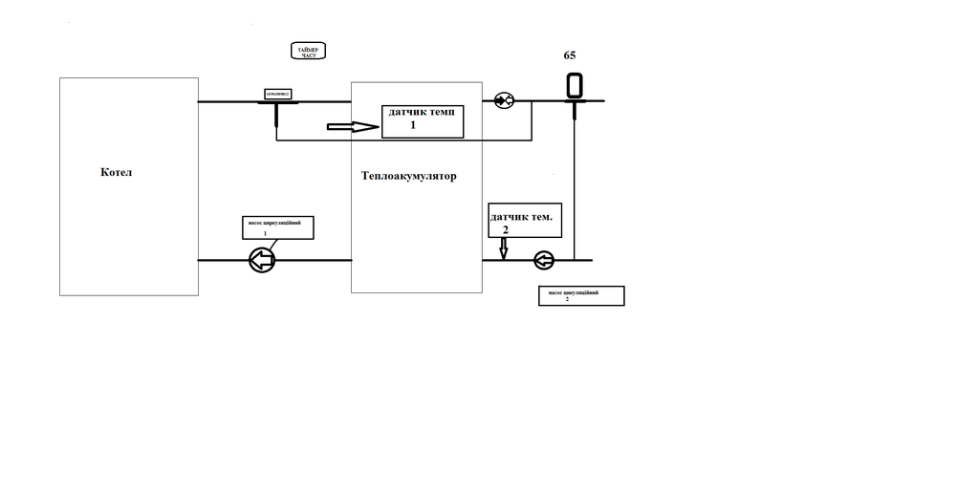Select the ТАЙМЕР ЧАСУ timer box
click(309, 53)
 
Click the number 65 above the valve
click(570, 55)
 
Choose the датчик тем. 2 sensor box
click(520, 220)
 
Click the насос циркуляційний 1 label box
click(277, 227)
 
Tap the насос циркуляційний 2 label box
click(580, 295)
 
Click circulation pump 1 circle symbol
click(261, 259)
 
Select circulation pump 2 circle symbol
click(544, 259)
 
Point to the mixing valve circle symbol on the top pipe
click(504, 100)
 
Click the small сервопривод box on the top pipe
click(278, 94)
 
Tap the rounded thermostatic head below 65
click(575, 86)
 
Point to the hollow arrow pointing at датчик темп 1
click(352, 125)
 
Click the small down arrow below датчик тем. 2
click(504, 248)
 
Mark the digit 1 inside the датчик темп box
click(414, 125)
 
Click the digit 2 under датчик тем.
click(506, 229)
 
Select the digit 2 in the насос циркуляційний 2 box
click(567, 299)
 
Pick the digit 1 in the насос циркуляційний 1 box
click(265, 233)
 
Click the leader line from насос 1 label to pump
click(274, 245)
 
